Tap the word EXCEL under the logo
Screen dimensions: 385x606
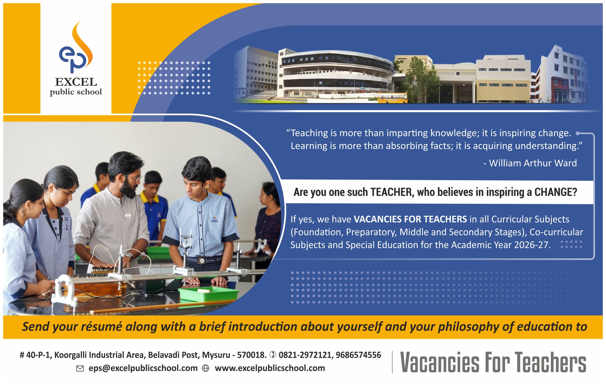click(x=76, y=82)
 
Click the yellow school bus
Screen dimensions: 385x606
click(x=392, y=98)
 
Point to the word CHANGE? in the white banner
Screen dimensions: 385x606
click(x=555, y=192)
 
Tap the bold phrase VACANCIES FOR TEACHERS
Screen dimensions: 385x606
click(x=410, y=219)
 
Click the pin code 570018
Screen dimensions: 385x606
click(x=251, y=355)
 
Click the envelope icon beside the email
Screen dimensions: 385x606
click(x=80, y=369)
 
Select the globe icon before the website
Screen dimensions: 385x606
click(x=206, y=369)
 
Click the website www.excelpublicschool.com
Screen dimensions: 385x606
click(x=270, y=368)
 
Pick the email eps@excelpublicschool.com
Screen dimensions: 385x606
click(x=143, y=368)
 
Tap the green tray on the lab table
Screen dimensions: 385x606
click(x=208, y=294)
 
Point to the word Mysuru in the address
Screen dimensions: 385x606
click(x=216, y=355)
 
